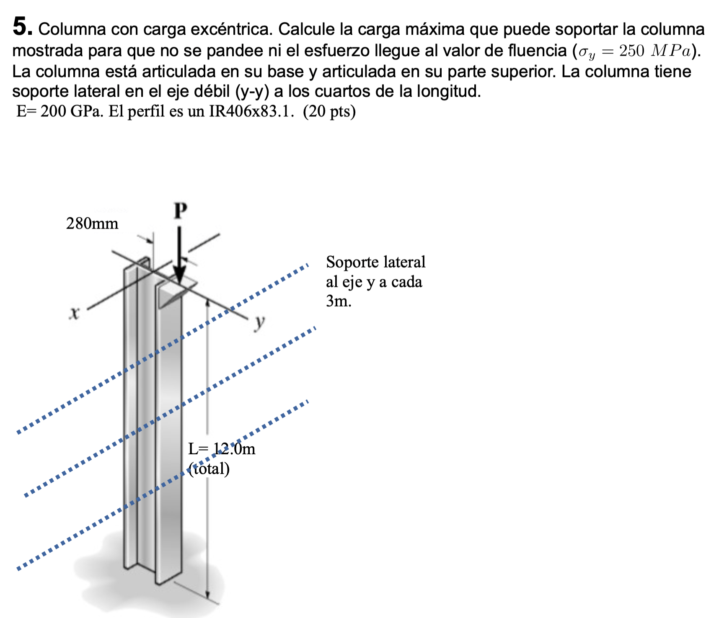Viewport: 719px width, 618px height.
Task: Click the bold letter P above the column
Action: [180, 211]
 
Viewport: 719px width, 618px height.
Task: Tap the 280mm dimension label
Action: [92, 224]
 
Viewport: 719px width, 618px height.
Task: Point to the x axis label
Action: [74, 313]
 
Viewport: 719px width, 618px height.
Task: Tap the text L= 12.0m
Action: [222, 449]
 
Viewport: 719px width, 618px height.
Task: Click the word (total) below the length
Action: [209, 469]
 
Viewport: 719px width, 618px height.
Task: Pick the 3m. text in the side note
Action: [339, 301]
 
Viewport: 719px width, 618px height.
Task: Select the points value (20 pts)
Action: [329, 111]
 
